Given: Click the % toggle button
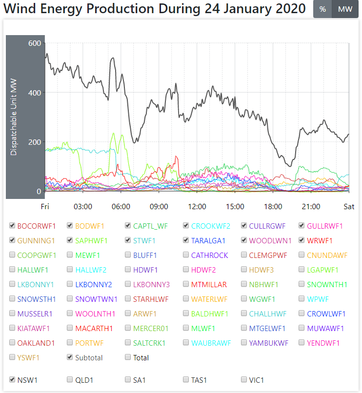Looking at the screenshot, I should point(322,10).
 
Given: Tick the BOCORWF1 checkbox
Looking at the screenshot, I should point(12,226).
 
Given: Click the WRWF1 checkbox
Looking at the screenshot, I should point(302,240).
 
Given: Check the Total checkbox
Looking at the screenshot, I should point(128,357).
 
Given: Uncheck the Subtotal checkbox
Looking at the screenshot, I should point(70,357).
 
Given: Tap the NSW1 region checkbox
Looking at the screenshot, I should point(12,379).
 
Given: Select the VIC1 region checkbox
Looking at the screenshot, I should point(244,379).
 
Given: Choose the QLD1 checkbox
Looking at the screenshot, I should point(70,379).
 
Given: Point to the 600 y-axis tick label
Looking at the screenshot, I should point(35,43).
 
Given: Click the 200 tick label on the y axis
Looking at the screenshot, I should point(35,142).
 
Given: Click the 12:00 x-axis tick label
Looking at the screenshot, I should point(197,207).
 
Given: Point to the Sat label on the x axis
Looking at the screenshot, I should point(348,207).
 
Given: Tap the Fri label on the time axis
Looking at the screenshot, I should point(45,207).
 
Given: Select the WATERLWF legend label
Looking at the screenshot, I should point(209,299).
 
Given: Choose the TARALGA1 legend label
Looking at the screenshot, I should point(208,240).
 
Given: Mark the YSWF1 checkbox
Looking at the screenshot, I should point(12,357).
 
